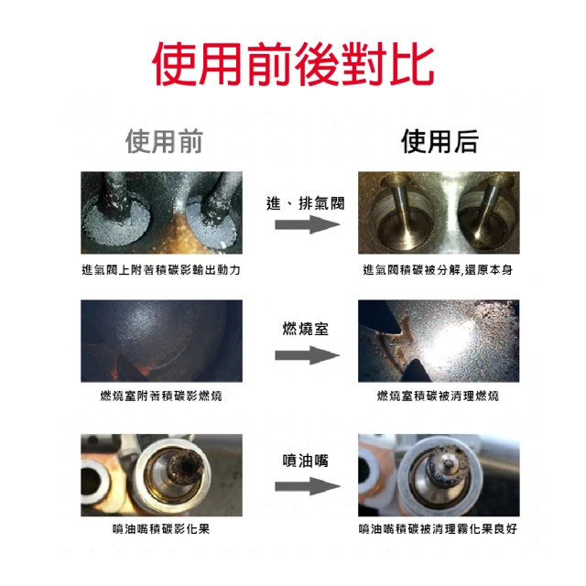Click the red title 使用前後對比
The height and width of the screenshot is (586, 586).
click(x=293, y=64)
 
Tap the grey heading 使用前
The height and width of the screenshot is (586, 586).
click(x=164, y=141)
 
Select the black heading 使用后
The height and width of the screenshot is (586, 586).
click(x=439, y=141)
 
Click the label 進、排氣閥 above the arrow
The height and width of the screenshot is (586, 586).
click(x=305, y=203)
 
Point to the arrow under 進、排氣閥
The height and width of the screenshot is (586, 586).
click(x=308, y=224)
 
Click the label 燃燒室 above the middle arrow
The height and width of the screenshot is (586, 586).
click(x=306, y=329)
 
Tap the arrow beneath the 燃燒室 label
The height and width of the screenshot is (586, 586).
click(x=308, y=355)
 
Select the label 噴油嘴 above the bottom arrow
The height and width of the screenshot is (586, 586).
click(x=306, y=461)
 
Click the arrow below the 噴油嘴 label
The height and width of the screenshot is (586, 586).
click(x=308, y=486)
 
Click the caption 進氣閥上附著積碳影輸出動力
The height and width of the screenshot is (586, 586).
click(x=161, y=269)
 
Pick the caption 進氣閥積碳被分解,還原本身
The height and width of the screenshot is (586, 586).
click(x=438, y=269)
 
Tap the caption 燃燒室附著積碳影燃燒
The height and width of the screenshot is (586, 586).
click(x=161, y=396)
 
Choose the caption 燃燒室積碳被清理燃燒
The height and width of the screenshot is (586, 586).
click(x=438, y=396)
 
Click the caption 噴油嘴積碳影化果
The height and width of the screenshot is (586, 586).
click(x=161, y=529)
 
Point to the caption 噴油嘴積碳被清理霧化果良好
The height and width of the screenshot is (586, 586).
click(x=438, y=529)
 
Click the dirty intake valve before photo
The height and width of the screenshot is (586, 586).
click(x=161, y=212)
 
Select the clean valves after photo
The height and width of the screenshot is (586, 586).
click(x=439, y=212)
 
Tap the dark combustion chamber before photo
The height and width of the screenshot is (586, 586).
click(x=161, y=341)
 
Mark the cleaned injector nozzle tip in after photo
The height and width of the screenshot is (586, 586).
click(x=449, y=464)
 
